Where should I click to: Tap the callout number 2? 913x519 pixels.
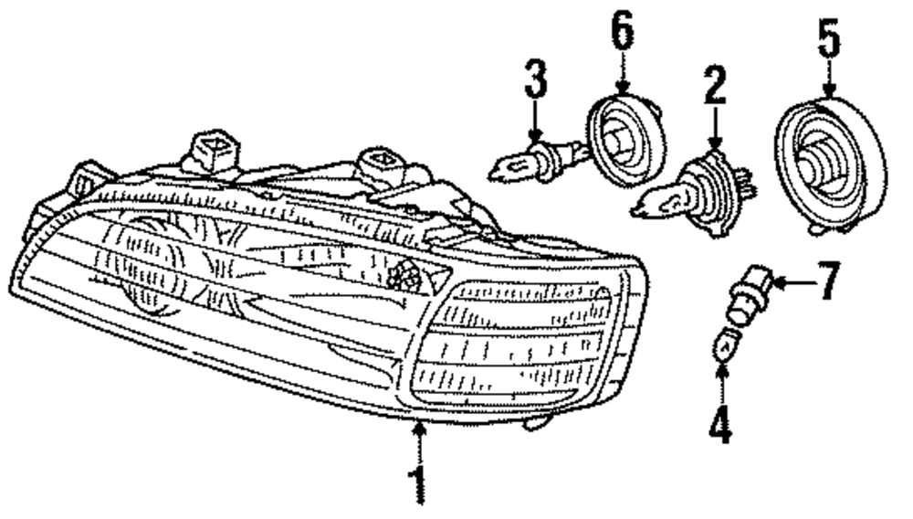715,88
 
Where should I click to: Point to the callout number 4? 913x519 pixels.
722,425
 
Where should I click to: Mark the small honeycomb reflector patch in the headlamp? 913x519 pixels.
403,272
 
